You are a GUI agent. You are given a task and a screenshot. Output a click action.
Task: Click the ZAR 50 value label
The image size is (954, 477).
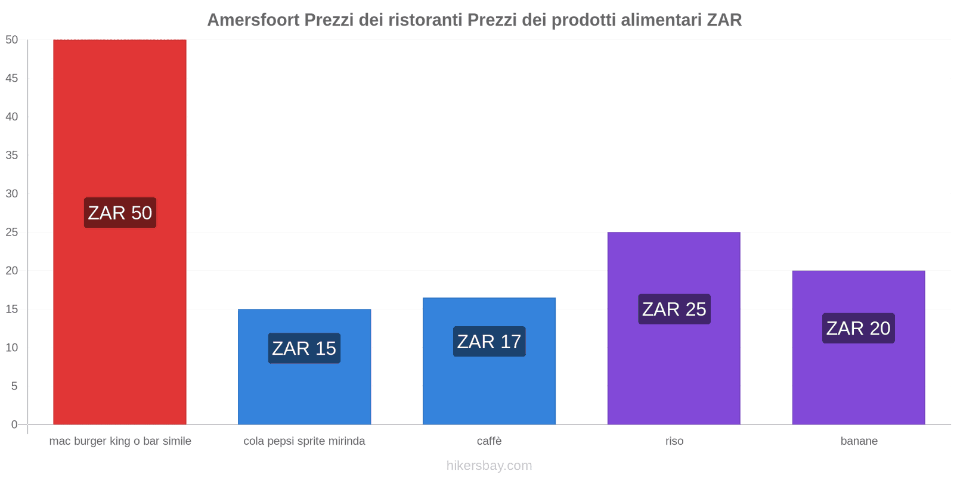[120, 213]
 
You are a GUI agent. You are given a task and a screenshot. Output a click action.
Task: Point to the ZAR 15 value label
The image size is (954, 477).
[304, 348]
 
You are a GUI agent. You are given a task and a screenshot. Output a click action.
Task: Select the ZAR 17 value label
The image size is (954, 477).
[489, 342]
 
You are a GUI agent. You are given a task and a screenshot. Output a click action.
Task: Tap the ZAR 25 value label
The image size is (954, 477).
[674, 309]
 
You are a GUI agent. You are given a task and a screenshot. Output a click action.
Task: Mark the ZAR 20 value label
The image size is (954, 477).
[858, 329]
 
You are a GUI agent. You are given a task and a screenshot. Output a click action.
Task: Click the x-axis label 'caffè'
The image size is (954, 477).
[489, 441]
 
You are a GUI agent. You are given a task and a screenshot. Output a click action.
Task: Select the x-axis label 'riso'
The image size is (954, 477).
[674, 441]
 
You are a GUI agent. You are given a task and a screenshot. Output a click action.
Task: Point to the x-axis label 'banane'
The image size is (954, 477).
[859, 441]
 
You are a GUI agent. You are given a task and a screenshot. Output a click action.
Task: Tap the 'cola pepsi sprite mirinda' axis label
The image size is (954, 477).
[304, 441]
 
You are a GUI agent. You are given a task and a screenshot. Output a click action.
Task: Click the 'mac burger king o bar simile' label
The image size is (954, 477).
[120, 441]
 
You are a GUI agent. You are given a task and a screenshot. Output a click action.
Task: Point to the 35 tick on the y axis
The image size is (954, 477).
[12, 155]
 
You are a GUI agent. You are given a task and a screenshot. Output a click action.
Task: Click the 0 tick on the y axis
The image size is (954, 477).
[14, 425]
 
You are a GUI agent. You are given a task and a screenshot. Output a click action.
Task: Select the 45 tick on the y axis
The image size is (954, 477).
[12, 78]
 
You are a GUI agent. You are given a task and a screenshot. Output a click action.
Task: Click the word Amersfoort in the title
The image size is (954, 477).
[253, 20]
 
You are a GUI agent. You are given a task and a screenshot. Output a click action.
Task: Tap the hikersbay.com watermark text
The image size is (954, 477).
[489, 466]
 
